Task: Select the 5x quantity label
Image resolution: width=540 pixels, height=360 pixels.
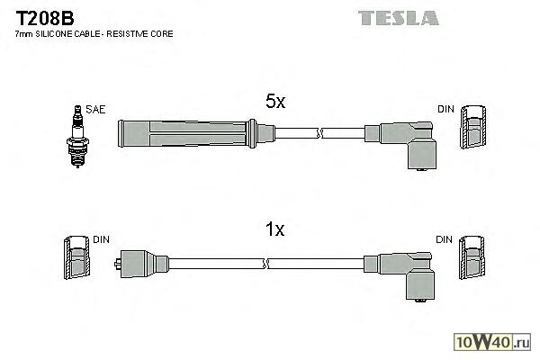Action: (274, 103)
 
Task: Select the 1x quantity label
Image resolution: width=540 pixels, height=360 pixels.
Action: (274, 229)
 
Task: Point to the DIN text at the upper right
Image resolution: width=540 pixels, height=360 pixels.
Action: (445, 109)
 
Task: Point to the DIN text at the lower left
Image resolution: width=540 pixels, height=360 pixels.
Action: (101, 239)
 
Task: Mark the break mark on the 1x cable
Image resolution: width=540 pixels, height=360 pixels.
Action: (266, 262)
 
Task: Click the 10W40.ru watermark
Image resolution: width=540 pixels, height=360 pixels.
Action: (497, 342)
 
